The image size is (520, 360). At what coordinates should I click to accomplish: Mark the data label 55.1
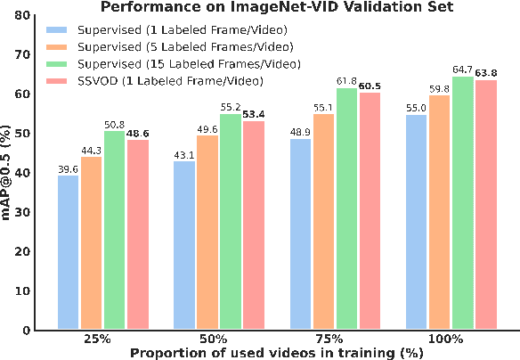[322, 107]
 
